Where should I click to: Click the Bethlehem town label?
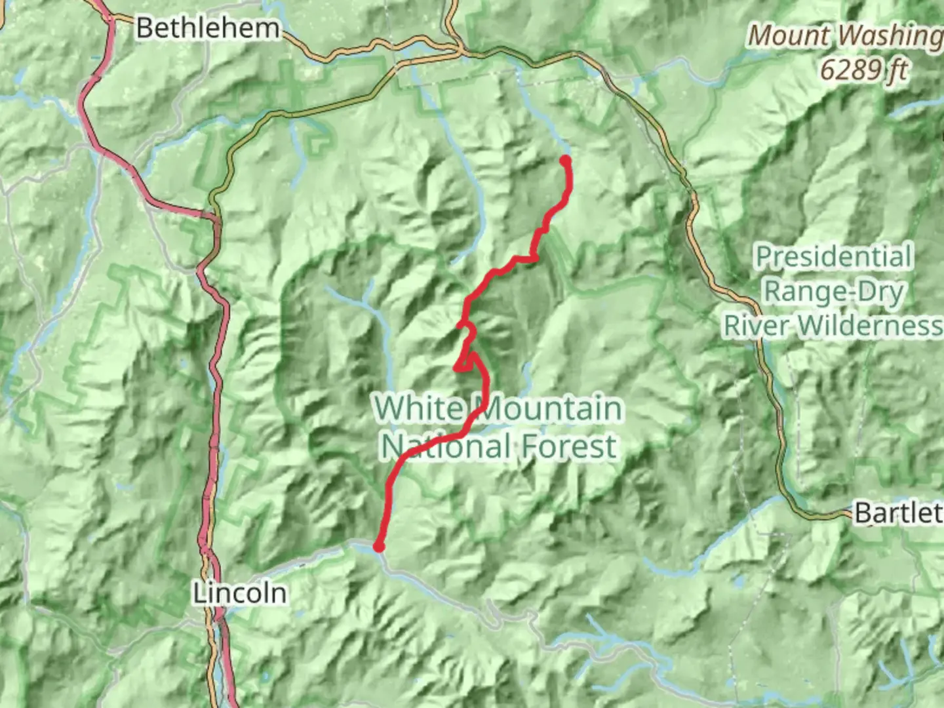point(208,28)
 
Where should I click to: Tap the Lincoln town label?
point(240,593)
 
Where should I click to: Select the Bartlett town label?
point(898,513)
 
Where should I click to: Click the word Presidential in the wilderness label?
point(834,256)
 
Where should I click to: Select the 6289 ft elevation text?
point(863,68)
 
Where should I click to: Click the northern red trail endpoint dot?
point(565,159)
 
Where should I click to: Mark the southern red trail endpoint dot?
point(378,547)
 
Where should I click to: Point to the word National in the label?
point(446,447)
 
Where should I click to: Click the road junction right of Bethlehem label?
point(459,49)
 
